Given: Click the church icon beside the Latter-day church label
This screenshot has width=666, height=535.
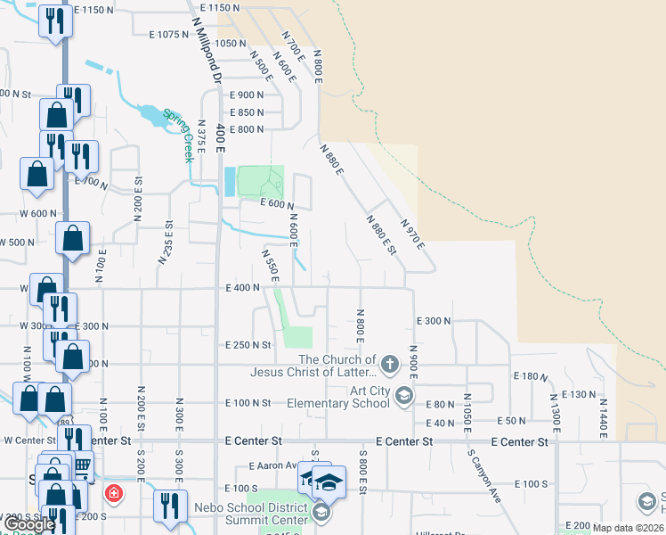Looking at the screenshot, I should (x=389, y=364).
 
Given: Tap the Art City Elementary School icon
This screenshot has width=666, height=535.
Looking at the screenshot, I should (x=403, y=396).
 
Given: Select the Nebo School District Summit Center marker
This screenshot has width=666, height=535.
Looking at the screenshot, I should (x=321, y=513).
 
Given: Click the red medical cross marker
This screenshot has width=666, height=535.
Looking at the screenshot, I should (x=113, y=492).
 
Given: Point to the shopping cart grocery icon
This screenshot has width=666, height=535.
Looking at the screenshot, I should (x=82, y=465).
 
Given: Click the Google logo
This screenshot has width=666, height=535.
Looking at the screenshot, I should (x=28, y=524).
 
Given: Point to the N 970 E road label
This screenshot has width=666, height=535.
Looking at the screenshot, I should (x=412, y=235).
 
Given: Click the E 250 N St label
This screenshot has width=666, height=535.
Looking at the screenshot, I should (x=249, y=344).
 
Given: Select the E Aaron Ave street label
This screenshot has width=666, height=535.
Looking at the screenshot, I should (x=277, y=465).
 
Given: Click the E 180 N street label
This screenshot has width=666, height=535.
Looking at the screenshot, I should (x=532, y=377).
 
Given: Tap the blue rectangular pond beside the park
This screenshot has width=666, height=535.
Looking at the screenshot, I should (x=231, y=182).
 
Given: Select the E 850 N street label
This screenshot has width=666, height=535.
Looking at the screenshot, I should (x=247, y=112).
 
